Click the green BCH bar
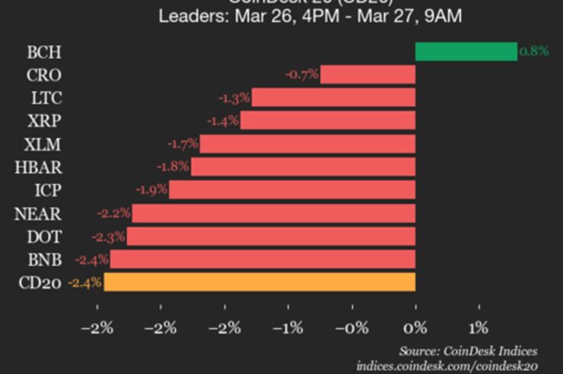(x=466, y=52)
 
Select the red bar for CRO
(x=367, y=74)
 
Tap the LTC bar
(x=333, y=97)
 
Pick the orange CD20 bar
(x=259, y=282)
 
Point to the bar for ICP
(x=292, y=189)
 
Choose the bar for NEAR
(x=274, y=213)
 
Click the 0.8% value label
(x=533, y=52)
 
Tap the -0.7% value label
(x=301, y=74)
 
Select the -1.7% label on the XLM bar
(x=183, y=143)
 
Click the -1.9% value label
(x=151, y=189)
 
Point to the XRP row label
(x=43, y=121)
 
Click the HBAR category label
(x=38, y=167)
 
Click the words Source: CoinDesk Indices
(x=468, y=350)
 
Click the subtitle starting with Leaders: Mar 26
(x=310, y=15)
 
